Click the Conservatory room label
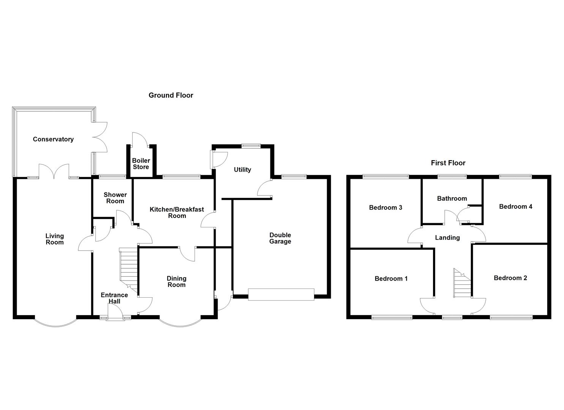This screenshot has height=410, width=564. click(x=53, y=139)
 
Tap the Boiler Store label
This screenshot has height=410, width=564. click(x=141, y=164)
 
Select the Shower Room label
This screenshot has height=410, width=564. click(x=115, y=198)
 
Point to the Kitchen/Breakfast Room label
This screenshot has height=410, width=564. click(x=177, y=213)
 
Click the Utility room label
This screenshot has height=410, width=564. click(x=242, y=170)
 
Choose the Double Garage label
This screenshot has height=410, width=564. click(x=280, y=238)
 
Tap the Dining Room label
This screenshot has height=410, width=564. click(x=177, y=282)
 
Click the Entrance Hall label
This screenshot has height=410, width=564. click(x=114, y=298)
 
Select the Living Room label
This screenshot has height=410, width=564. click(x=55, y=239)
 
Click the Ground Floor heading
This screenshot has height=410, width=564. click(x=171, y=95)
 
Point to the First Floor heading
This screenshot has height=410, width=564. click(x=448, y=163)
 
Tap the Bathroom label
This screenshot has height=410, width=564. click(x=452, y=199)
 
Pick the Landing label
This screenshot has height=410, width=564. click(x=447, y=238)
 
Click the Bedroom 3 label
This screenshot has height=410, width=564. click(x=385, y=208)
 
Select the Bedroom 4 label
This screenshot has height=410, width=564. click(x=516, y=207)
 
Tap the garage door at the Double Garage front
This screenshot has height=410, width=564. click(x=281, y=295)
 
